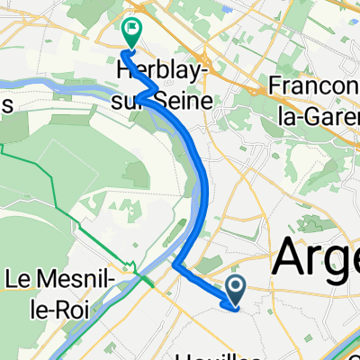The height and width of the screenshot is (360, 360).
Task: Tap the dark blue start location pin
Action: (x=236, y=289)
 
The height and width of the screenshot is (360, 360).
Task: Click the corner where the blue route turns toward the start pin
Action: (x=175, y=266)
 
